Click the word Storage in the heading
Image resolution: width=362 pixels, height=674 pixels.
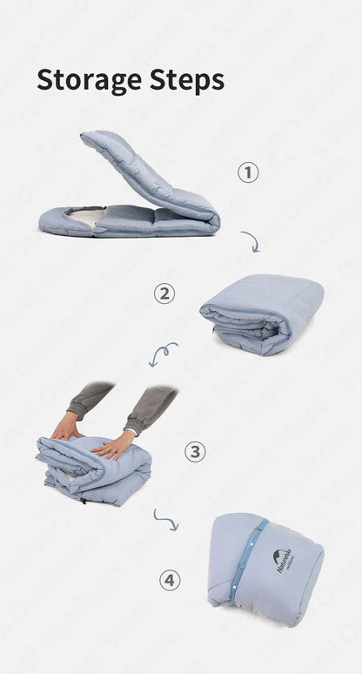point(90,79)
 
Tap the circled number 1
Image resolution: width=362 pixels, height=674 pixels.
point(249,172)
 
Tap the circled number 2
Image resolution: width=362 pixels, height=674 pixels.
point(164,293)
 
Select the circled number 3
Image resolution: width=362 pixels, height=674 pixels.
point(195,451)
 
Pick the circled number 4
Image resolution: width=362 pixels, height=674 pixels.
point(170,579)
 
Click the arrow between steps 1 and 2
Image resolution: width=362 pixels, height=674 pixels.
point(250,240)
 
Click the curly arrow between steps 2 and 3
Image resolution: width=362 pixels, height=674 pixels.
point(163,353)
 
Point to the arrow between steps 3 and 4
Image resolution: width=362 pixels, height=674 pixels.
point(165,520)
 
